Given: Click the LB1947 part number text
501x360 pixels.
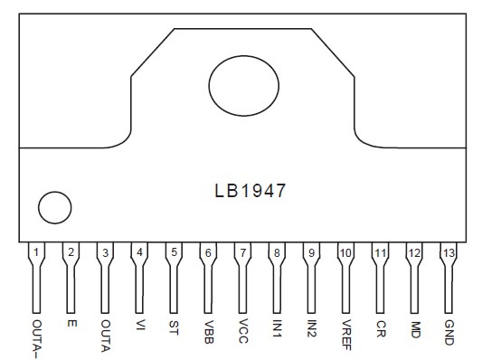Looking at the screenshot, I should pos(250,192).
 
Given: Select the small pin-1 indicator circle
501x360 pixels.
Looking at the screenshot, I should pos(53,208).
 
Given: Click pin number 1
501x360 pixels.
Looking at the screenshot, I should pos(36,253).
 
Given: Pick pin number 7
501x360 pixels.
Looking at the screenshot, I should pos(241,253).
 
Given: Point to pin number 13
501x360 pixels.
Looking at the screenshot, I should pos(449,253).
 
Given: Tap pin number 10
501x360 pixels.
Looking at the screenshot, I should pos(345,253).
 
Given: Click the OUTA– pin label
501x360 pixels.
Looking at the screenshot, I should pos(36,335).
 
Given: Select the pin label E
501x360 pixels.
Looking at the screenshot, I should pos(71,321).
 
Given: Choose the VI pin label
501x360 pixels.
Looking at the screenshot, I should pos(139,324).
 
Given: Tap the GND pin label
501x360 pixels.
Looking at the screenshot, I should pos(449,328).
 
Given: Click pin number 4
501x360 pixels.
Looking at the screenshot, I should pos(139,253).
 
